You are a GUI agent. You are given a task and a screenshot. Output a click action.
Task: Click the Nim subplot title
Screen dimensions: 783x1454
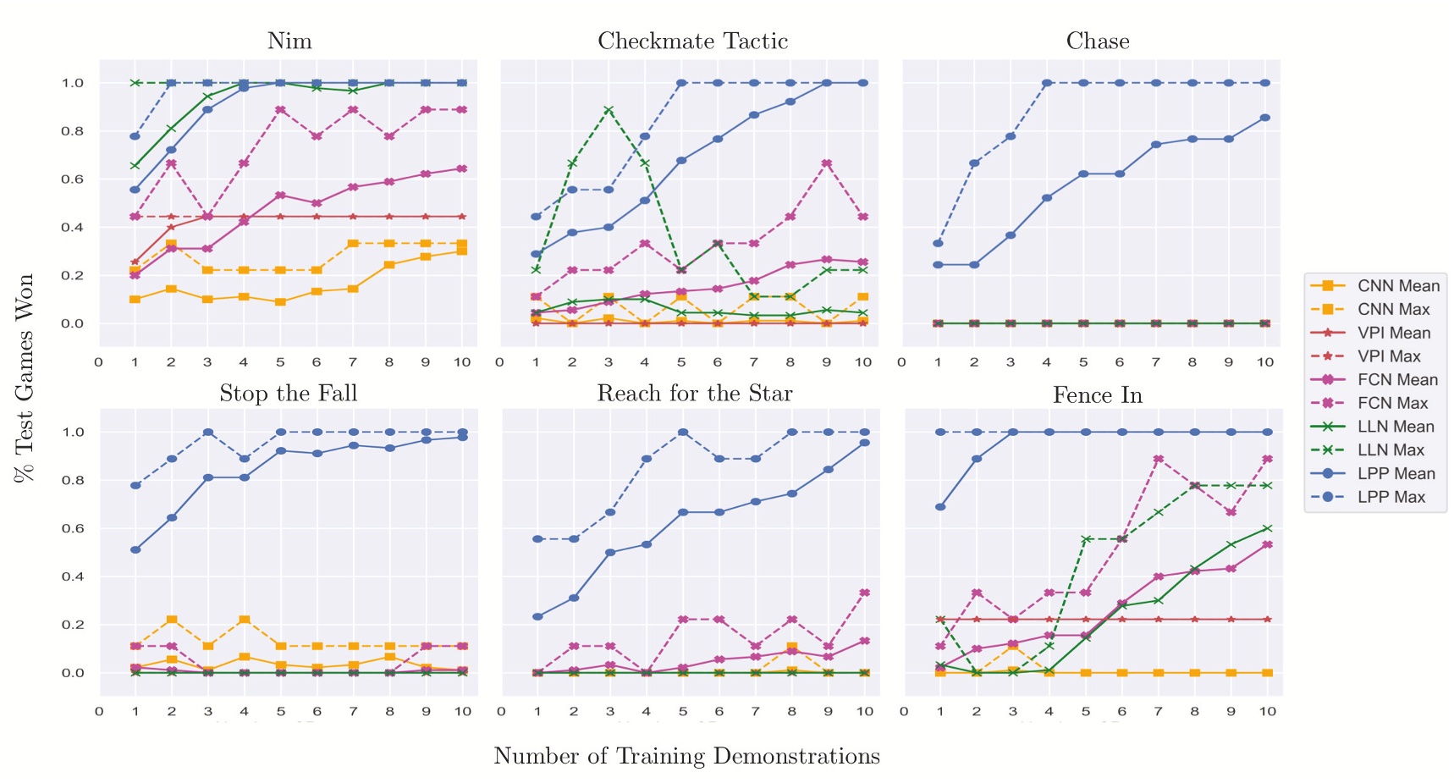tap(289, 41)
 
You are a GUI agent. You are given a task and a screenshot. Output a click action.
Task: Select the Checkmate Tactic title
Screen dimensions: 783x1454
tap(692, 41)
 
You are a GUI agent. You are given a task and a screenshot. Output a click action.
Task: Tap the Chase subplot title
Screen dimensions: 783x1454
tap(1098, 41)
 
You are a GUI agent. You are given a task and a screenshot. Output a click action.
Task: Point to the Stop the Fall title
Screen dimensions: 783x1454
tap(289, 393)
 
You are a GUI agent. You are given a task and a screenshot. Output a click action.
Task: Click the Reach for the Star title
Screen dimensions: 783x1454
tap(695, 393)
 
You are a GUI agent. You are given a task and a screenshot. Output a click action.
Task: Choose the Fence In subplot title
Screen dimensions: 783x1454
tap(1098, 394)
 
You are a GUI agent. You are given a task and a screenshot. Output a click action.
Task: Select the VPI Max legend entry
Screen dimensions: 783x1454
tap(1393, 356)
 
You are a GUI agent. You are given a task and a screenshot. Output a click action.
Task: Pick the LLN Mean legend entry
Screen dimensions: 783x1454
tap(1396, 427)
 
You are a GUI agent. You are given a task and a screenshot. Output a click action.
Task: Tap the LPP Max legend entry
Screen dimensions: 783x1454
tap(1391, 497)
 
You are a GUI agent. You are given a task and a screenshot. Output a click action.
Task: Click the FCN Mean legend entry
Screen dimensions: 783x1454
tap(1397, 380)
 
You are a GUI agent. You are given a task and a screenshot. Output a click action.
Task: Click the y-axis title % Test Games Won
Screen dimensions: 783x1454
tap(25, 378)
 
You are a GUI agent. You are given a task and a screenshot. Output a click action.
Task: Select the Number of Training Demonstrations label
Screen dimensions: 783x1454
tap(686, 756)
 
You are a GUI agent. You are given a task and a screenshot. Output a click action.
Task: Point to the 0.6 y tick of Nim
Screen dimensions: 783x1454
tap(72, 179)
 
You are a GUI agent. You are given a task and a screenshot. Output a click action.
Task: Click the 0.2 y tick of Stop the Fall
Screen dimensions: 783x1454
tap(72, 625)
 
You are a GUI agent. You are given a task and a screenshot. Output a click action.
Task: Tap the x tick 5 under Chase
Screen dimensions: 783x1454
tap(1082, 362)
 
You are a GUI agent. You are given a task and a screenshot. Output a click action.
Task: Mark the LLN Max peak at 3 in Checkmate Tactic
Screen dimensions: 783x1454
tap(609, 110)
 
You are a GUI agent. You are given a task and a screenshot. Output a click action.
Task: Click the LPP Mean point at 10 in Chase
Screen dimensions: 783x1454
tap(1264, 118)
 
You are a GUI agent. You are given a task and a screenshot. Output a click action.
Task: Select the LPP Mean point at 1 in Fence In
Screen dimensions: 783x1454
tap(940, 507)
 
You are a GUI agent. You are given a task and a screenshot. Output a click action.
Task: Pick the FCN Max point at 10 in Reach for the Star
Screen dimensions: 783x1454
tap(864, 593)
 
